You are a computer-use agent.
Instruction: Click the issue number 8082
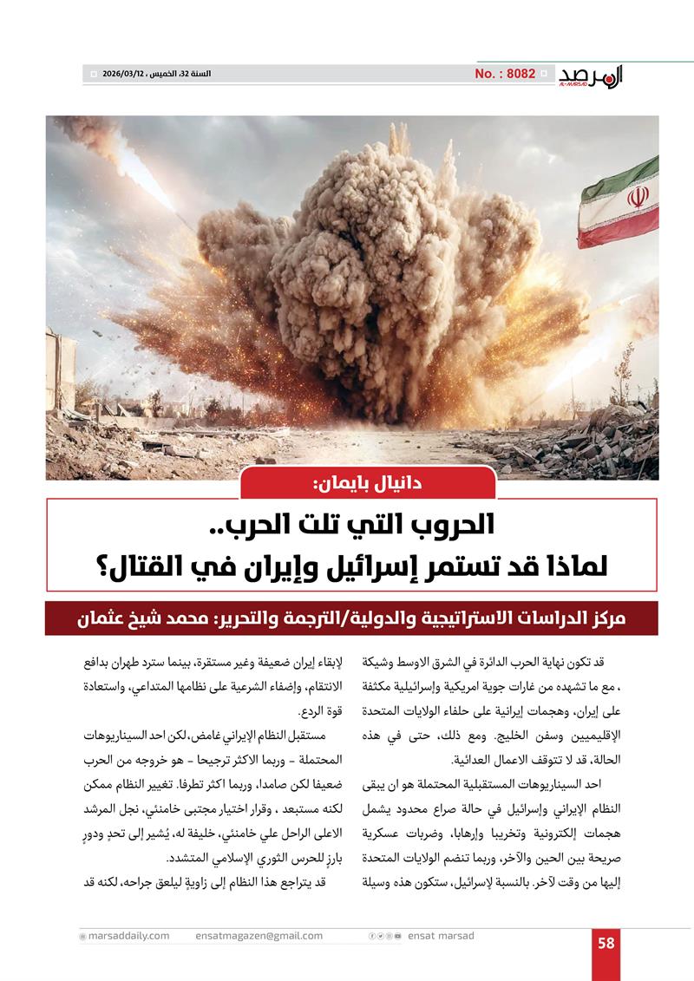coord(505,74)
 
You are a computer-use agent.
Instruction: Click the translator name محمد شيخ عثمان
coord(140,620)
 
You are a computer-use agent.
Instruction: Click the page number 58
coord(606,944)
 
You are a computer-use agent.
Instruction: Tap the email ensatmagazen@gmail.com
coord(259,936)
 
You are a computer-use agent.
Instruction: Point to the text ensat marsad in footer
coord(442,936)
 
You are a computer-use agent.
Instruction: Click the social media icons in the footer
coord(385,936)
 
